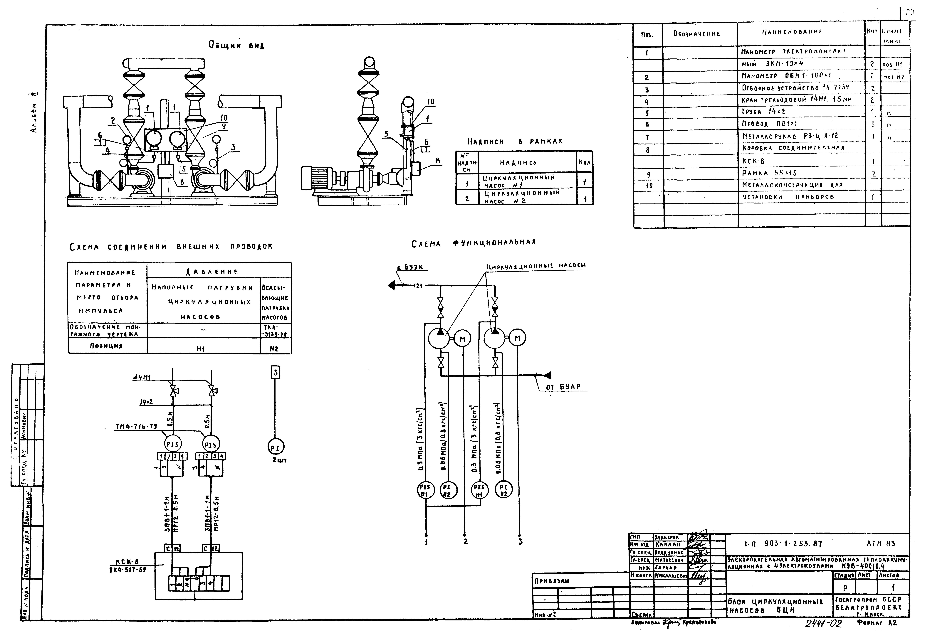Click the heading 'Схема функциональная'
tap(474, 243)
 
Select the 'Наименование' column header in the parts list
tap(792, 32)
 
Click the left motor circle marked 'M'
tap(462, 339)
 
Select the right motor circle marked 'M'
tap(518, 339)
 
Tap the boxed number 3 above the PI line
tap(275, 373)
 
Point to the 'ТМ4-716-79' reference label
tap(136, 427)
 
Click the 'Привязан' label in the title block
tap(552, 581)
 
